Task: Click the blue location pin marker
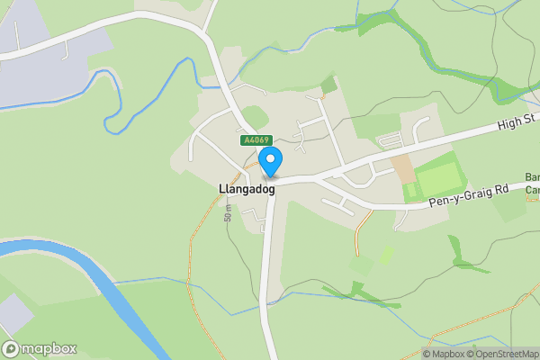(271, 161)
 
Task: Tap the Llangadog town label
(247, 189)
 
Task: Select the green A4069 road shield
(256, 140)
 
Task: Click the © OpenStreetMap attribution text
(501, 354)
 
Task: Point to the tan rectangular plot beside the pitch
(402, 167)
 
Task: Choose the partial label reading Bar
(531, 177)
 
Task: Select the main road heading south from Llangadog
(266, 270)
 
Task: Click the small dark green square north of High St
(328, 85)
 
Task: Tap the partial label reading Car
(531, 190)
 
